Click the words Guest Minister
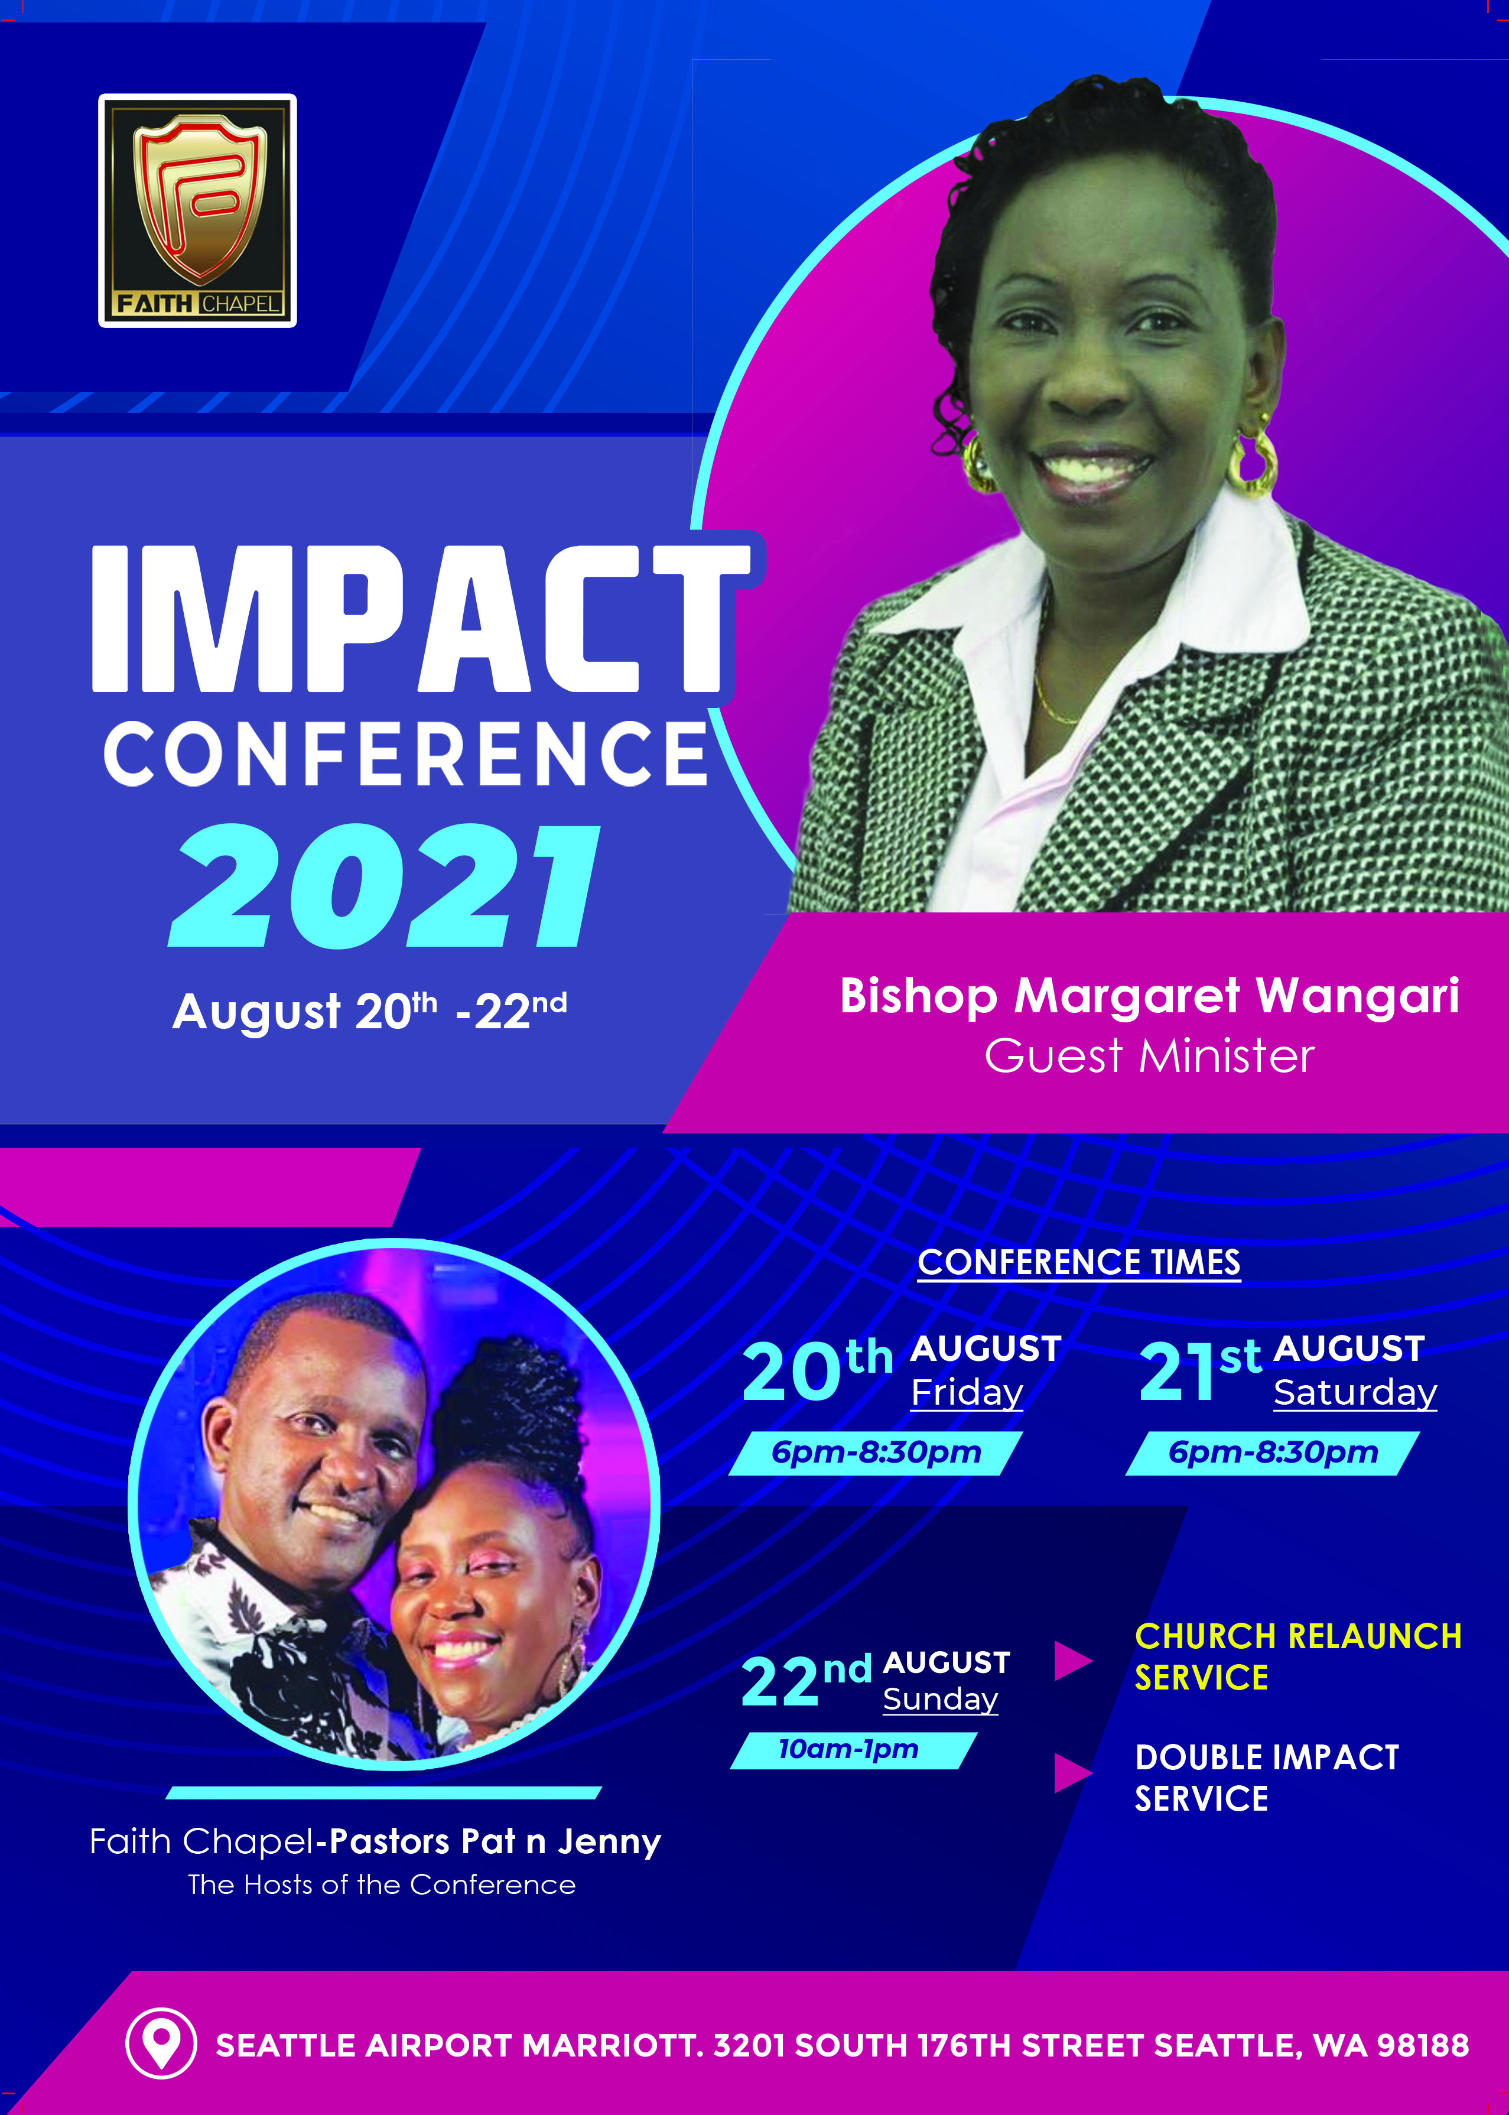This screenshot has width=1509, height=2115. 1149,1055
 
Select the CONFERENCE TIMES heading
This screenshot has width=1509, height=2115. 1079,1262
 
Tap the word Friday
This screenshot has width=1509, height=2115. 967,1392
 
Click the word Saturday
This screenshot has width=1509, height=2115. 1355,1392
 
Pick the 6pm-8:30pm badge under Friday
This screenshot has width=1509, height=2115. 875,1453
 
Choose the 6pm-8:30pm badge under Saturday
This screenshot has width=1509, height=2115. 1272,1453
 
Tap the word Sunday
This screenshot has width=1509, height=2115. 941,1700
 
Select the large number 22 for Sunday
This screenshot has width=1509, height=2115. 779,1682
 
